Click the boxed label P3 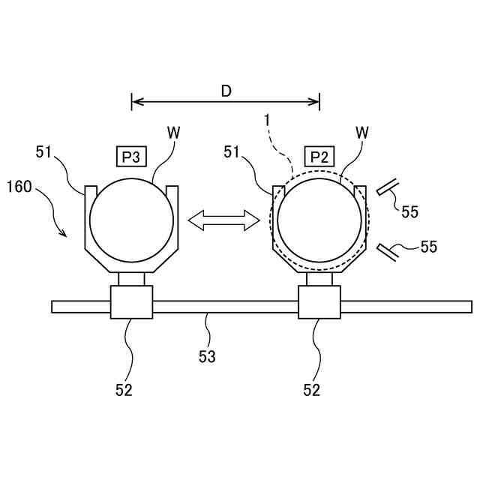(131, 156)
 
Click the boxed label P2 (319, 156)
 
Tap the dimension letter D (226, 91)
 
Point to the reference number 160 (19, 187)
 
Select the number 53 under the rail (207, 357)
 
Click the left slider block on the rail (131, 301)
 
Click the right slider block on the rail (319, 301)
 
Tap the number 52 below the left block (124, 390)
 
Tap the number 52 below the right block (311, 390)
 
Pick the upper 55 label (409, 212)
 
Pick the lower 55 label (429, 246)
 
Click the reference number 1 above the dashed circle (267, 119)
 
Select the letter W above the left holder (173, 132)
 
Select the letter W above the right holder (362, 132)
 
